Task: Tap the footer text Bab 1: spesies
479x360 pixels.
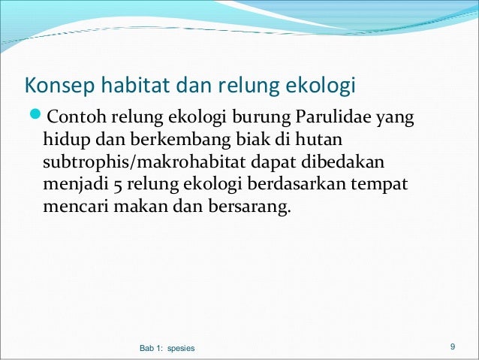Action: pyautogui.click(x=167, y=348)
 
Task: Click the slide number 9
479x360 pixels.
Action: pyautogui.click(x=453, y=346)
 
